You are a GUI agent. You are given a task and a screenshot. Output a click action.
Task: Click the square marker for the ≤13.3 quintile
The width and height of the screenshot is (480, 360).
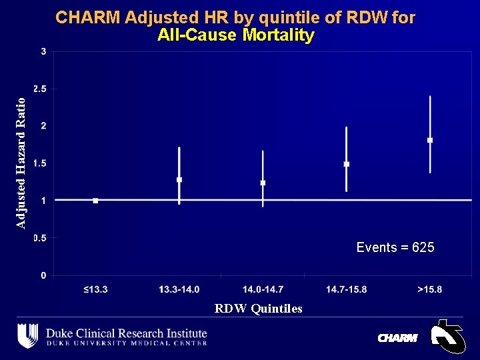tap(95, 200)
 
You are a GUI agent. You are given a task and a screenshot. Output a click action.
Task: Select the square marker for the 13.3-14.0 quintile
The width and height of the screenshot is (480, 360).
tap(179, 179)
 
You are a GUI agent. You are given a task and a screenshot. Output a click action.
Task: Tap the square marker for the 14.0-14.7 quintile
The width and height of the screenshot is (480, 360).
tap(263, 183)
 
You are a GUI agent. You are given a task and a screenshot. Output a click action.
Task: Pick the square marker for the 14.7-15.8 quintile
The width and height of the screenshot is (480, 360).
tap(347, 164)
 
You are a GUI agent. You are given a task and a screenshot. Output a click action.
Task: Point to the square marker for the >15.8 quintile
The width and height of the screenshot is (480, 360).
tap(430, 140)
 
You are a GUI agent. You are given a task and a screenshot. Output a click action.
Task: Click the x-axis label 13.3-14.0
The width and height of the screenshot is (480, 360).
tap(179, 289)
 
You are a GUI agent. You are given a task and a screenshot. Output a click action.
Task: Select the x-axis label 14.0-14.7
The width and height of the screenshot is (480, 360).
tap(263, 289)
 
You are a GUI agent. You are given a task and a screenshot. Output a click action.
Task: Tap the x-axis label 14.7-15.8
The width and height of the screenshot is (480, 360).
tap(347, 289)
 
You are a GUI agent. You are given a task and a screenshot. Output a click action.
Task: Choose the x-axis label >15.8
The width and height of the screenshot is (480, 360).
tap(430, 289)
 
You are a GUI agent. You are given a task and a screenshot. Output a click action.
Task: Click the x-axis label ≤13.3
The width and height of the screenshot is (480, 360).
tap(96, 289)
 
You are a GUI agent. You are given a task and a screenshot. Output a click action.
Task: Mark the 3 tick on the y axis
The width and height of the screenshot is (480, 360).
tap(43, 51)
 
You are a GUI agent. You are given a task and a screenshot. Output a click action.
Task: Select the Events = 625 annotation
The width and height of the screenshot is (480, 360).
tap(395, 247)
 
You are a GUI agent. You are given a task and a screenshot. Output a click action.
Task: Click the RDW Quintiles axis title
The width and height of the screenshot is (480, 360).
tap(258, 309)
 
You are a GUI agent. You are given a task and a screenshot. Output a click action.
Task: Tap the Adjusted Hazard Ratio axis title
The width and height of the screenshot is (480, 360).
tap(21, 163)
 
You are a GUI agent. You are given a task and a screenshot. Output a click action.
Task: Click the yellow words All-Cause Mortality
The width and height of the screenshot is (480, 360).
tap(235, 35)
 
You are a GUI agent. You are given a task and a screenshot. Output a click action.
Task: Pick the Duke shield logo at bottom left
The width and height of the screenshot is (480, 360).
tap(27, 335)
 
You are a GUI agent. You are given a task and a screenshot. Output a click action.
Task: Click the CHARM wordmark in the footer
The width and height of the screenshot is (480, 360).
tap(397, 338)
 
